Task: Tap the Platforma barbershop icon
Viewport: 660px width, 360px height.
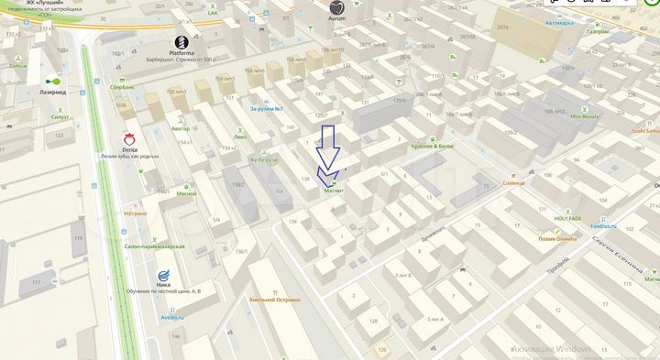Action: [182, 41]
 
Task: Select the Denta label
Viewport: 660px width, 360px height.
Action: [129, 147]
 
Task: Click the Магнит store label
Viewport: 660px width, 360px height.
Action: [333, 191]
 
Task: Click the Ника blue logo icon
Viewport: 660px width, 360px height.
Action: [164, 275]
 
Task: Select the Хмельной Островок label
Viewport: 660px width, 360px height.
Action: [274, 299]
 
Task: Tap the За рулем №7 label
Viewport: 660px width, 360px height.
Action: [267, 109]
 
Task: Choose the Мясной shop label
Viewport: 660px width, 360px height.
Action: [187, 193]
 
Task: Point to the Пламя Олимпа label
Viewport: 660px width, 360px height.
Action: [558, 239]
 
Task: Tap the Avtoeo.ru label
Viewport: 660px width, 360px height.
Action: [172, 317]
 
